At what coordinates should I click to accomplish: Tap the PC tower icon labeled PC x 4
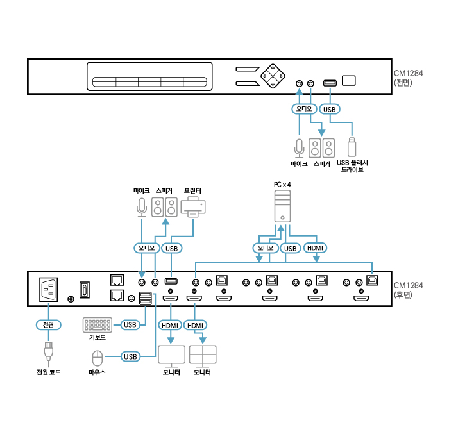click(x=283, y=206)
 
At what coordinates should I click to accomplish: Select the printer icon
click(x=193, y=207)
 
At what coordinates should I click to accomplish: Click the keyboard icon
click(x=96, y=325)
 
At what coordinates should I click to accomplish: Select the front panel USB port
click(x=330, y=83)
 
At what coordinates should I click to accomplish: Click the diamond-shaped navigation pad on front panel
click(x=273, y=76)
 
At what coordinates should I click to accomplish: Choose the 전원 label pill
click(x=48, y=325)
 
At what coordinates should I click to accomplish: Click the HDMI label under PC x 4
click(x=315, y=247)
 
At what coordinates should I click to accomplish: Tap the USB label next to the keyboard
click(x=130, y=325)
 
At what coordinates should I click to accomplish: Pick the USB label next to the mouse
click(x=130, y=356)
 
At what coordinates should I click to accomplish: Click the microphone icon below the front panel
click(x=298, y=147)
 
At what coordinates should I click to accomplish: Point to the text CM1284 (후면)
click(x=408, y=290)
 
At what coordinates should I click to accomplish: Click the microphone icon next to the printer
click(x=142, y=207)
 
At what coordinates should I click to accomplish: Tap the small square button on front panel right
click(x=349, y=80)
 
